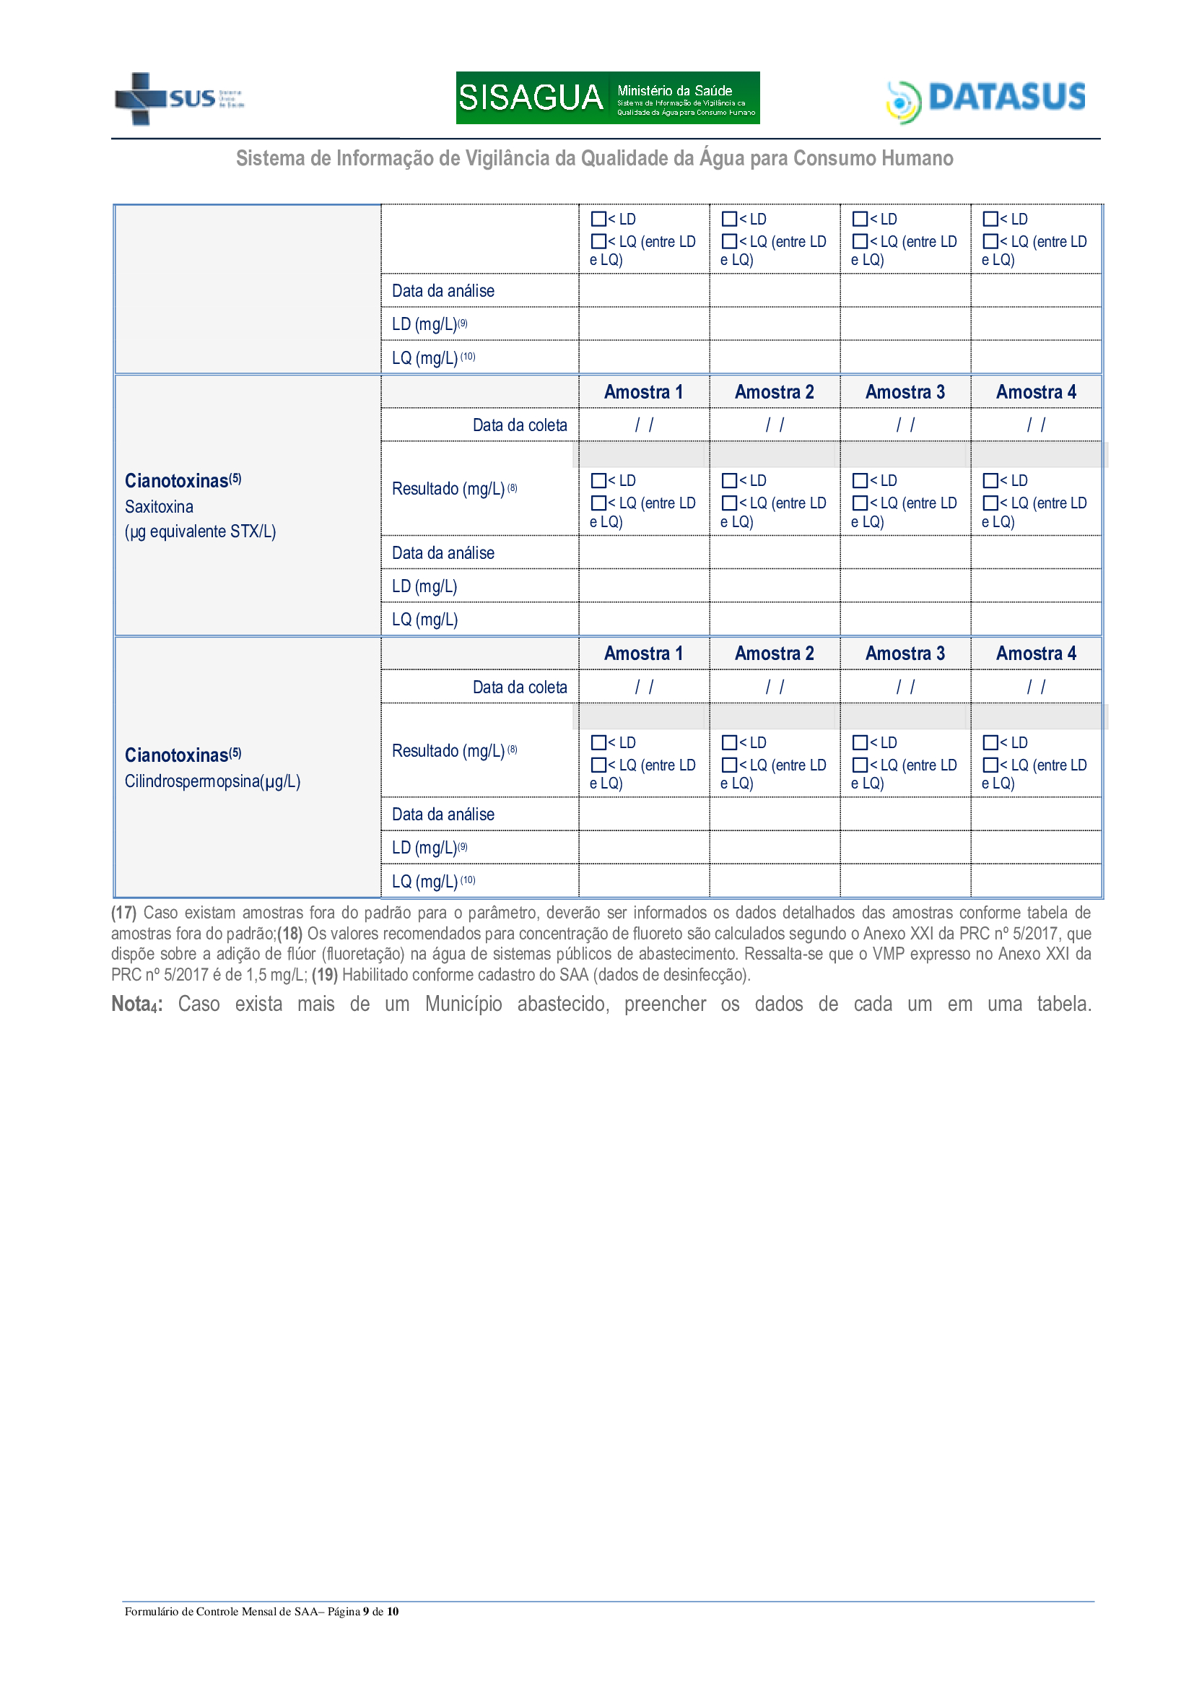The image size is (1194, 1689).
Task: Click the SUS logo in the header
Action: tap(178, 99)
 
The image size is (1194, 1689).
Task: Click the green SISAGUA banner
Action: tap(607, 97)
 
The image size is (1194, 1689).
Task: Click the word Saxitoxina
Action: tap(159, 507)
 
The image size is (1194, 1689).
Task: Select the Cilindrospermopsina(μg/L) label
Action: tap(212, 781)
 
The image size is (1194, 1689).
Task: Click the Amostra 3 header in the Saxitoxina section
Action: tap(905, 392)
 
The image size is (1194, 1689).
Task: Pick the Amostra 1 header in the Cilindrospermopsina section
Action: tap(643, 654)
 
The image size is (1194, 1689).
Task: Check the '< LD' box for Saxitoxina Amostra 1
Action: tap(598, 481)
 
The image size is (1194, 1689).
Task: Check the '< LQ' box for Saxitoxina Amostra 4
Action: tap(990, 503)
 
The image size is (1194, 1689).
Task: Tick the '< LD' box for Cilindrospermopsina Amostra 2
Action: tap(729, 743)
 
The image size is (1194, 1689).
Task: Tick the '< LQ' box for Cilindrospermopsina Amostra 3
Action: tap(860, 765)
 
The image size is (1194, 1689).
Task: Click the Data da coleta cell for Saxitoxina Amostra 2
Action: tap(774, 425)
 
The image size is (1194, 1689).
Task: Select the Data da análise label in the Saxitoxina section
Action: tap(443, 553)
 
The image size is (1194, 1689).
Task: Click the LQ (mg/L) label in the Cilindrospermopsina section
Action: tap(424, 881)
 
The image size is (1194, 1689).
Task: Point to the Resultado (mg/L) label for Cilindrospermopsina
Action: tap(448, 751)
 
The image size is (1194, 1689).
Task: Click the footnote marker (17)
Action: tap(123, 913)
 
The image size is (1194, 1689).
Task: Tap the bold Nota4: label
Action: tap(136, 1004)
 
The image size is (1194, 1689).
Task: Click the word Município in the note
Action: tap(463, 1004)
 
